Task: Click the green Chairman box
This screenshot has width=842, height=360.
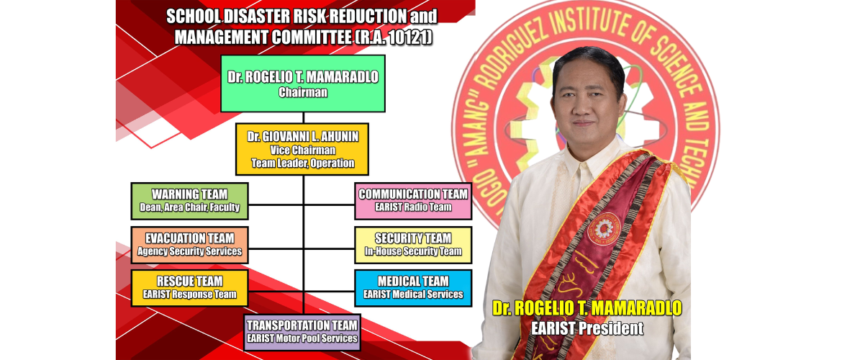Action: tap(302, 84)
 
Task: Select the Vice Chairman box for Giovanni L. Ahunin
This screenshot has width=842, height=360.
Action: tap(302, 149)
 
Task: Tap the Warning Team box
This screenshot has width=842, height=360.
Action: tap(189, 201)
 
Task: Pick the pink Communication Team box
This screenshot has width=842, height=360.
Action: tap(413, 201)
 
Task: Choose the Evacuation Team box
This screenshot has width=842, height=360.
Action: tap(189, 245)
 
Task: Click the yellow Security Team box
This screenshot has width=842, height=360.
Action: tap(413, 245)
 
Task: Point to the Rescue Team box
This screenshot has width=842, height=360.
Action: tap(189, 288)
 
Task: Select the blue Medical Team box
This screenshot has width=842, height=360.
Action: tap(413, 288)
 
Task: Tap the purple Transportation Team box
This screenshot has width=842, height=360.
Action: tap(302, 332)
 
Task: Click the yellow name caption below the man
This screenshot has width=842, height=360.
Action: tap(587, 309)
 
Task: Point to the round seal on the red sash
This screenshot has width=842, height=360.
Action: tap(600, 228)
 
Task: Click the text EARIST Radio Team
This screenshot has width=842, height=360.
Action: tap(413, 207)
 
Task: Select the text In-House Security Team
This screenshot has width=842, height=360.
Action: tap(413, 251)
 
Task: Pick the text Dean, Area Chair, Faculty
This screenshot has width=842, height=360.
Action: tap(189, 208)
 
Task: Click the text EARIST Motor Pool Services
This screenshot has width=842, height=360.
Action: tap(302, 338)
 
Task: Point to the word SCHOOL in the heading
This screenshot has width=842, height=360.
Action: tap(193, 16)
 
